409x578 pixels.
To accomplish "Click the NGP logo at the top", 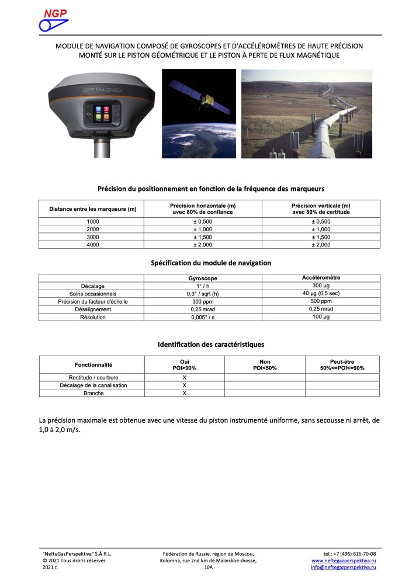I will [x=53, y=20].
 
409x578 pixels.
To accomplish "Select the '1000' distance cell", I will [x=93, y=222].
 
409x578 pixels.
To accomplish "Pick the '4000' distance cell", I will [x=93, y=245].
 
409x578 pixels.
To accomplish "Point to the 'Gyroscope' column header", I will [x=203, y=278].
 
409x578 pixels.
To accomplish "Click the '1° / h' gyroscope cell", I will [x=203, y=286].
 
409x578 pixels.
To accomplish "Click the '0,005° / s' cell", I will [x=203, y=316].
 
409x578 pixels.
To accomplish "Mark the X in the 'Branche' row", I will [x=185, y=393].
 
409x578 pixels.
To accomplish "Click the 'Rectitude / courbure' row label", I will [x=93, y=378].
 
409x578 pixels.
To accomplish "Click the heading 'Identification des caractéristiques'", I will [x=211, y=344].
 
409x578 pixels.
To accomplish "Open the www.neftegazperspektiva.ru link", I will [x=343, y=560].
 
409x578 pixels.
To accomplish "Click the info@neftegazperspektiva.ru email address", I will [x=343, y=567].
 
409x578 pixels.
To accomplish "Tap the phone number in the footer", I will [x=349, y=553].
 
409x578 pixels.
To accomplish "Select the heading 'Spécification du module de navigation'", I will [x=211, y=263].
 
